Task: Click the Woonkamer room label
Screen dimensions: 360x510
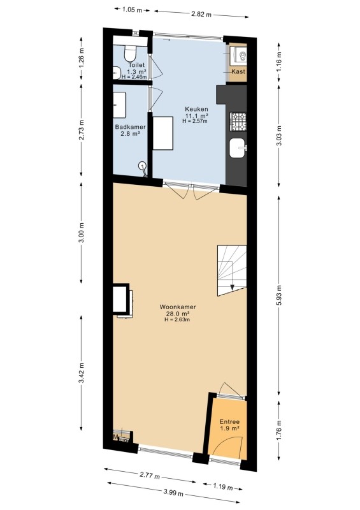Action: click(178, 307)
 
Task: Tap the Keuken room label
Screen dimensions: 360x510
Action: click(196, 109)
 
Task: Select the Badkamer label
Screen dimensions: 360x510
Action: click(130, 127)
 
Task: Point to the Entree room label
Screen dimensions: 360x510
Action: click(229, 422)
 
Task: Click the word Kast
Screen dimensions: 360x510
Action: click(238, 71)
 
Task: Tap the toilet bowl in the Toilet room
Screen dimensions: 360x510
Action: click(131, 53)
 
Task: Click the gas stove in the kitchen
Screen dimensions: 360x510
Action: click(238, 122)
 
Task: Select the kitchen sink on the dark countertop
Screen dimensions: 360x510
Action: click(238, 149)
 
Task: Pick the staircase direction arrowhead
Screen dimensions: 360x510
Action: click(232, 287)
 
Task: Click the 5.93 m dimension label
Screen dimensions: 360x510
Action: click(280, 295)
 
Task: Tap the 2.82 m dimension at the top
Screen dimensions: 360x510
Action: click(201, 14)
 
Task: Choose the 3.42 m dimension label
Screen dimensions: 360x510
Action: click(82, 373)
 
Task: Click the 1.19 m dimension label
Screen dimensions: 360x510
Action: click(223, 487)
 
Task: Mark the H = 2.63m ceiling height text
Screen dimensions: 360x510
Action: click(177, 319)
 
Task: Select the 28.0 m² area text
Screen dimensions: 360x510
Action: click(177, 313)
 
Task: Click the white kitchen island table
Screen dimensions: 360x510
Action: click(163, 133)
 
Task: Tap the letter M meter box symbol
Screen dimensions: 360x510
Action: click(115, 437)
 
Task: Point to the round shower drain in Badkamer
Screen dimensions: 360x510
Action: click(142, 165)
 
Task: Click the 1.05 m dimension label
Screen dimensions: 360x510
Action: click(132, 10)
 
